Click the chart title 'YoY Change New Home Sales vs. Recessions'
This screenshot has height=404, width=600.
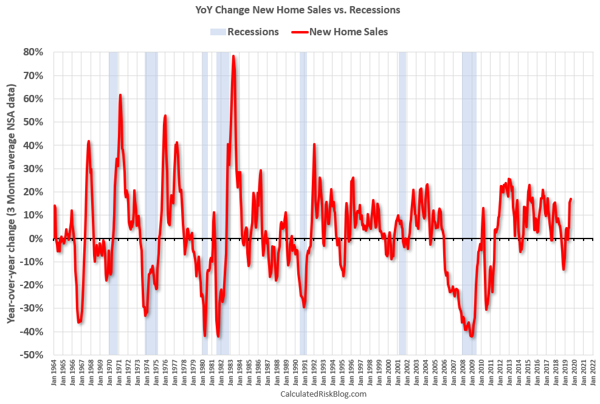point(297,10)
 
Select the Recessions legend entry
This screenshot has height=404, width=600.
point(245,32)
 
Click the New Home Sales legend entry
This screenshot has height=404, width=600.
point(340,32)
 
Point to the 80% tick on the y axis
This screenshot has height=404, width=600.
point(33,52)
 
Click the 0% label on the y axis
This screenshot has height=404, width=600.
point(36,239)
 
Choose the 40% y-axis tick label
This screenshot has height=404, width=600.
point(33,145)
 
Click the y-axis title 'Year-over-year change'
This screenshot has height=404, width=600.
point(12,203)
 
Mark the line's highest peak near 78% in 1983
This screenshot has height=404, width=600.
point(233,56)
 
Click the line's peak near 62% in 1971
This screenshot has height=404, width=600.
point(120,95)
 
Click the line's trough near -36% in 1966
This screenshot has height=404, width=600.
point(80,322)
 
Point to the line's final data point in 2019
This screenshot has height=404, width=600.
point(571,199)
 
